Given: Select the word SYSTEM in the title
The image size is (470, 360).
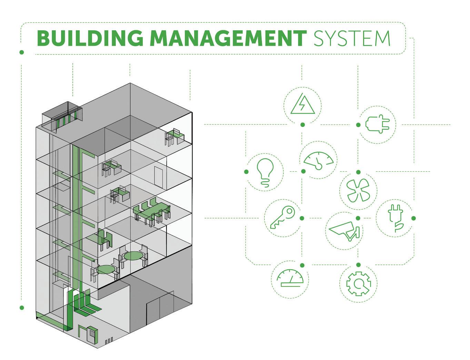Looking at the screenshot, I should (x=352, y=38).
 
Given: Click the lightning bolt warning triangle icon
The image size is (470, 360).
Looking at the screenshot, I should (x=302, y=104).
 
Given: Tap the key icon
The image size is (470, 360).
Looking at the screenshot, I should (x=282, y=218).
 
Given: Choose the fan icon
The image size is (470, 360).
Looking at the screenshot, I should (x=358, y=191).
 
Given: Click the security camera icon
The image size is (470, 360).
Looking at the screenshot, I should (x=345, y=231).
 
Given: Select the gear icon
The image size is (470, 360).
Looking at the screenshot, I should (x=358, y=284).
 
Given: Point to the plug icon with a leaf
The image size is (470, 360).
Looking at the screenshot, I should (x=394, y=218).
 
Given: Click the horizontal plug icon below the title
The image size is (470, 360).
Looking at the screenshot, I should (x=377, y=124).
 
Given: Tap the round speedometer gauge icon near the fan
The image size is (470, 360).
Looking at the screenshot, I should (x=318, y=160).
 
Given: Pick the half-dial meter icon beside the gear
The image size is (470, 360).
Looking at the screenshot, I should (x=290, y=278).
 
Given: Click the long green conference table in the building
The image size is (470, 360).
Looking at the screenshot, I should (x=152, y=212).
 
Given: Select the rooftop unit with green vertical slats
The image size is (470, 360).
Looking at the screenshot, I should (x=62, y=117).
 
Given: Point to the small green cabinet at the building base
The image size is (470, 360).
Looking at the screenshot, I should (x=92, y=334).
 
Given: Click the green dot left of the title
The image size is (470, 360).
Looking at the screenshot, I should (x=22, y=52).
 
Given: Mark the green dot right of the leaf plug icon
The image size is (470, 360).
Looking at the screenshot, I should (x=414, y=218).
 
